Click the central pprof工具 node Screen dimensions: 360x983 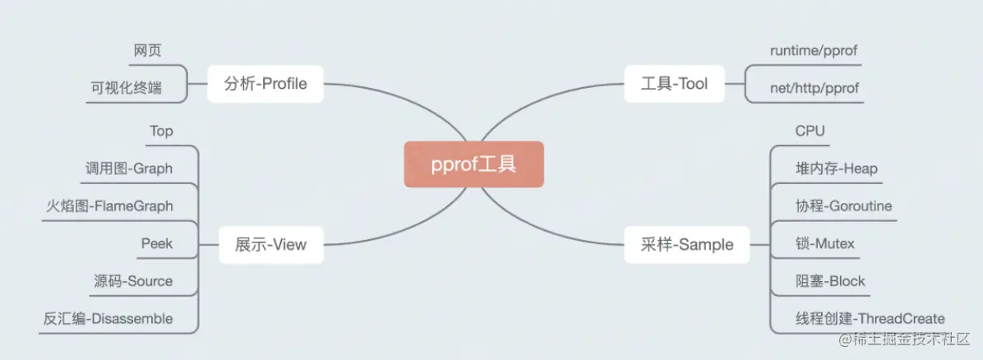click(473, 164)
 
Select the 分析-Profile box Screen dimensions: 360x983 click(265, 83)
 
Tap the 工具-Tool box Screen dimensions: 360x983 click(674, 83)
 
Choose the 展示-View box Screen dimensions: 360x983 click(270, 244)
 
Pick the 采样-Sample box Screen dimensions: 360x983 click(686, 244)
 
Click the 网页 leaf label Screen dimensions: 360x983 click(147, 51)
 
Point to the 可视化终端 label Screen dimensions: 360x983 click(126, 88)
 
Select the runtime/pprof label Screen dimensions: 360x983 click(814, 51)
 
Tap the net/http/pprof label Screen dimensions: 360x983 click(815, 88)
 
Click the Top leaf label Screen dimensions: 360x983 click(161, 132)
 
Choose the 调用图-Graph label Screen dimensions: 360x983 click(129, 168)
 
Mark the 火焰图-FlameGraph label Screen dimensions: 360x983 click(109, 205)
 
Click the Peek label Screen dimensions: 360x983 click(157, 243)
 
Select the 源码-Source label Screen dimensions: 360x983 click(133, 280)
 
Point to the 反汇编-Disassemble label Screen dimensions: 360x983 click(108, 318)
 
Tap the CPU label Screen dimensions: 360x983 click(810, 132)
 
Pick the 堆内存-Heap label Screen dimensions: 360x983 click(837, 168)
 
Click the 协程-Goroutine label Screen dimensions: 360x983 click(843, 205)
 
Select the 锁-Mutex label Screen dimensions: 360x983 click(825, 243)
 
